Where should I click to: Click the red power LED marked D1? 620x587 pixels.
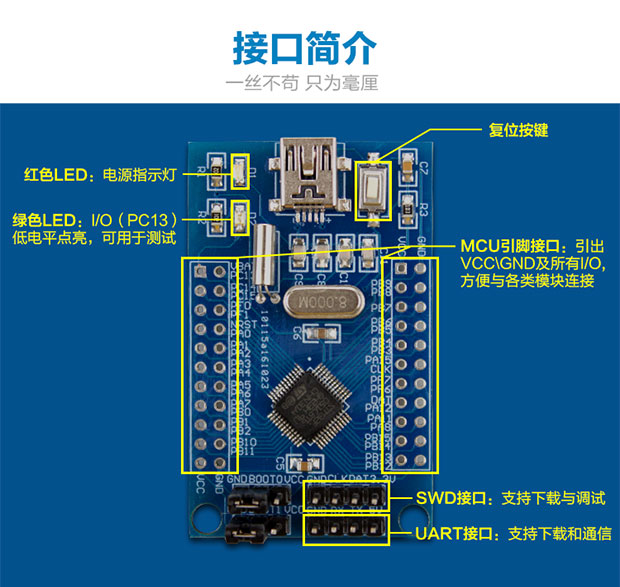[240, 174]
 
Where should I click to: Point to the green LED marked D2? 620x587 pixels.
[240, 217]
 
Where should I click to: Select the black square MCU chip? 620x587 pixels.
[307, 405]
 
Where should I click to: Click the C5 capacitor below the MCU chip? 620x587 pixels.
[296, 464]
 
